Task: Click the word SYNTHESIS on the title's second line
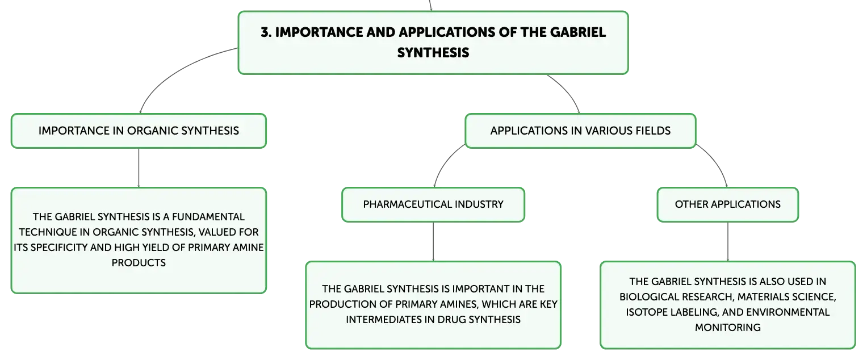coord(433,53)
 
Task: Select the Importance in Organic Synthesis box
coord(139,131)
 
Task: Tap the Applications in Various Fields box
coord(580,131)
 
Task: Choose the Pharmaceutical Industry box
coord(433,205)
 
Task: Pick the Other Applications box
coord(728,205)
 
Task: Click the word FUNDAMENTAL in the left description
coord(208,217)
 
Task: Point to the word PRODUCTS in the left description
coord(139,263)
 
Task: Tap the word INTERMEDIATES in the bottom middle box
coord(389,320)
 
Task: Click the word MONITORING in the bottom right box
coord(728,328)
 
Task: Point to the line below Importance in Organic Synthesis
coord(139,168)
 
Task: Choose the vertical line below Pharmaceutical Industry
coord(433,242)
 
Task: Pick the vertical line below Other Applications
coord(728,242)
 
